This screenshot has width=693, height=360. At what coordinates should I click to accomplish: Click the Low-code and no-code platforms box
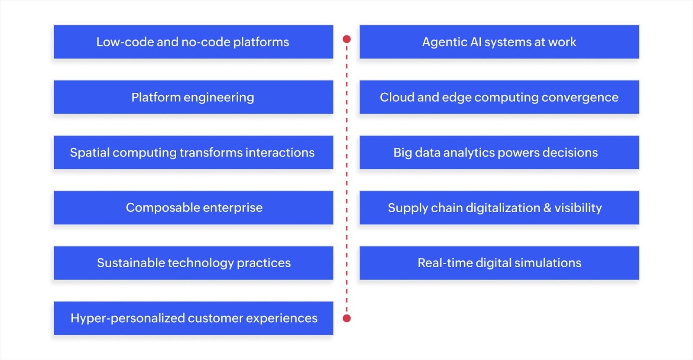pyautogui.click(x=193, y=42)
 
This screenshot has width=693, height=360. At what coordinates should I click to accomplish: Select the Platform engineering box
pyautogui.click(x=193, y=97)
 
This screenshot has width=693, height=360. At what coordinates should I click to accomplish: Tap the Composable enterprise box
pyautogui.click(x=193, y=208)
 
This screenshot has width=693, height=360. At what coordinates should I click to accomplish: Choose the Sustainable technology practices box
pyautogui.click(x=193, y=263)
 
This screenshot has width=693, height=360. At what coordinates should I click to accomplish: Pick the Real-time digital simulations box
pyautogui.click(x=499, y=263)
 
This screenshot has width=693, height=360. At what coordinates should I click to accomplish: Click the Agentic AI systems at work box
pyautogui.click(x=499, y=42)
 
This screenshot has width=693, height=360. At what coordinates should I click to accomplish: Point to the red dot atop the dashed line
pyautogui.click(x=346, y=39)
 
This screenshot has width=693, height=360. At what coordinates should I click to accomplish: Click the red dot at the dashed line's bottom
pyautogui.click(x=346, y=318)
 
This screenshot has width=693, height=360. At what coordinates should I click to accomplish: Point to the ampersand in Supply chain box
pyautogui.click(x=547, y=208)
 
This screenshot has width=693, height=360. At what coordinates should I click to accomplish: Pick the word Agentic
pyautogui.click(x=444, y=42)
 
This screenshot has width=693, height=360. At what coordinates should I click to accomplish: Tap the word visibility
pyautogui.click(x=578, y=208)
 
